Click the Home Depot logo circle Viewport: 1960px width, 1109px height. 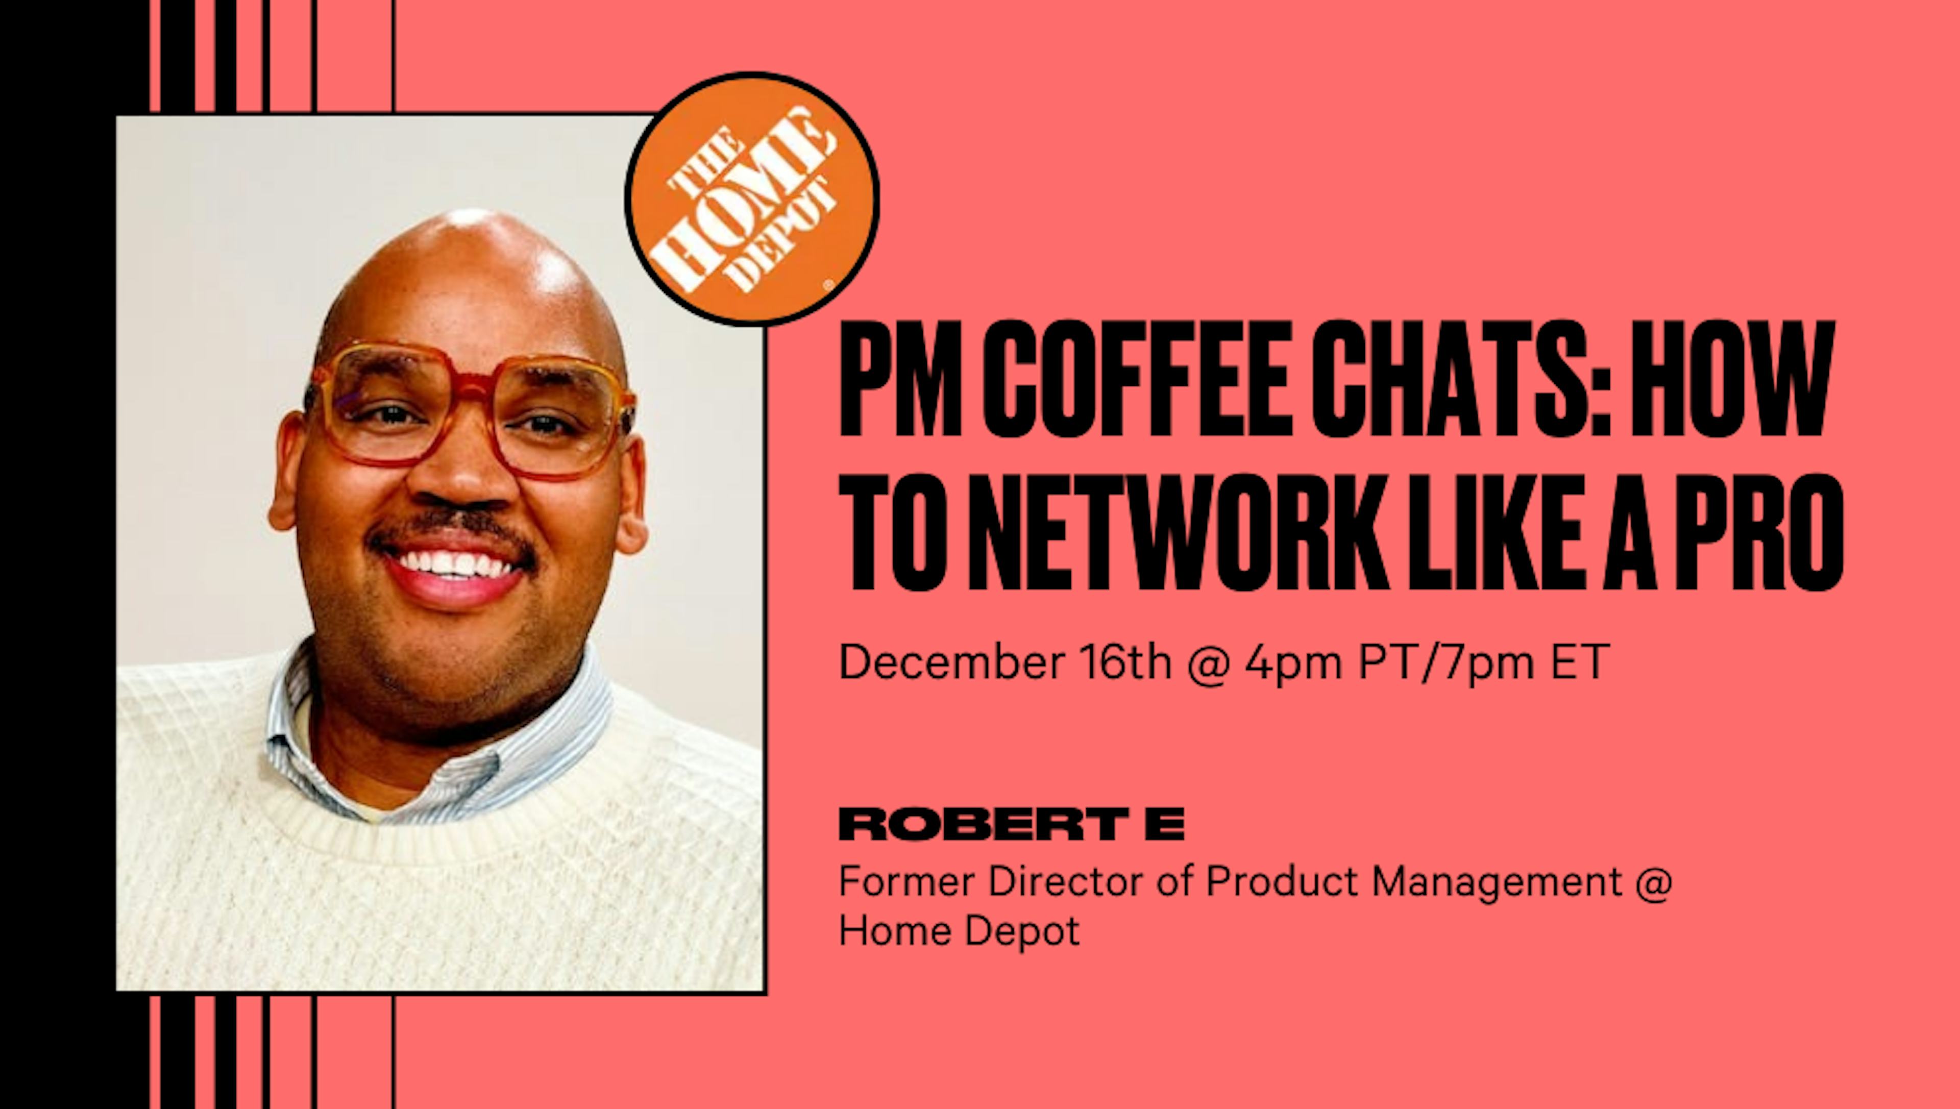[752, 199]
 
